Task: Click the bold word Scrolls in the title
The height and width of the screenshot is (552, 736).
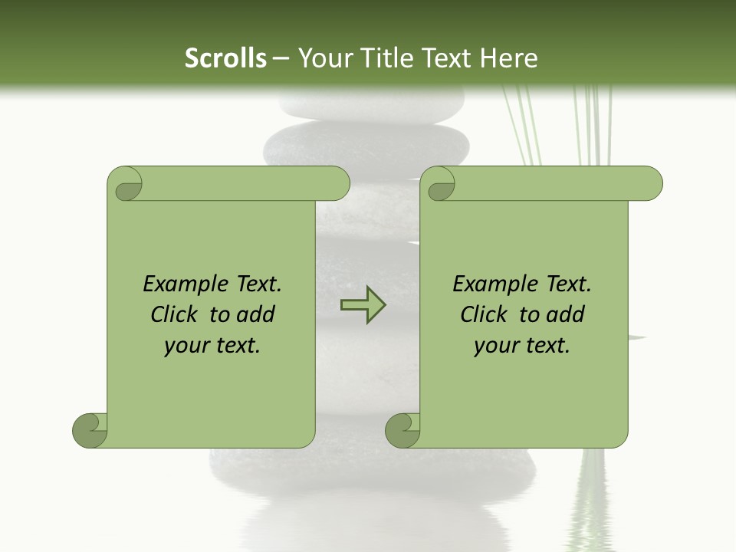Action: [225, 58]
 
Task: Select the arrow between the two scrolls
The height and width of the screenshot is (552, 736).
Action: [363, 305]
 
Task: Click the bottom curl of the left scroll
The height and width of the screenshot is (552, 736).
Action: [90, 430]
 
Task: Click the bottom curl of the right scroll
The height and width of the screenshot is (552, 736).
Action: [403, 430]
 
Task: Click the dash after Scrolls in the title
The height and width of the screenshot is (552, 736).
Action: [281, 59]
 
